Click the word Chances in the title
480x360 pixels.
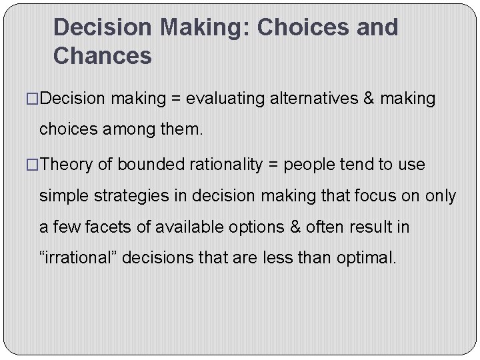coord(103,56)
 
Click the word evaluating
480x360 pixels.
coord(227,99)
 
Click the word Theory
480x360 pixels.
coord(68,165)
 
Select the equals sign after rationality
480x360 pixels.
coord(273,165)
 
